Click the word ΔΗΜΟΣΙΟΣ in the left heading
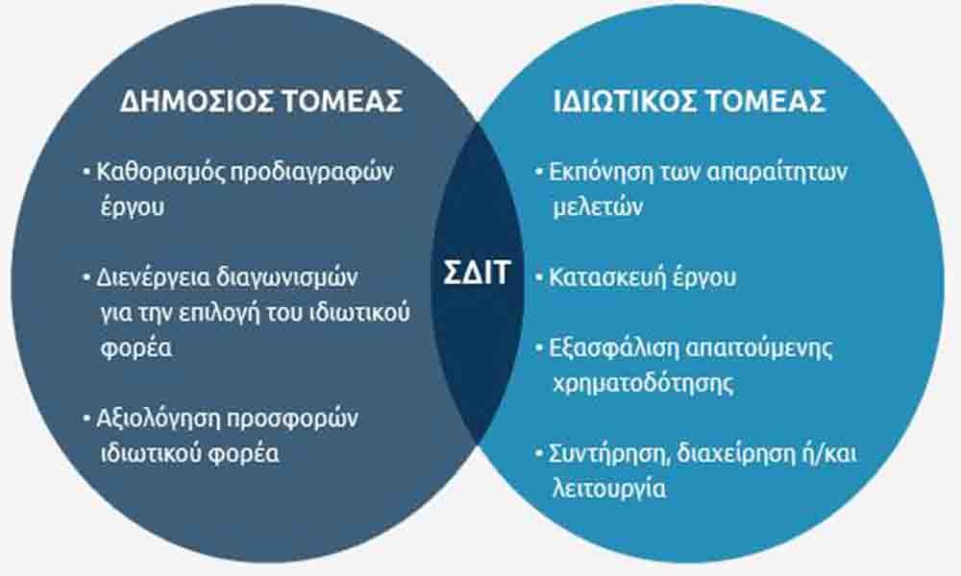point(196,101)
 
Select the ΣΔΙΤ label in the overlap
point(477,273)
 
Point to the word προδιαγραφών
point(310,173)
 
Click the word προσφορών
point(292,420)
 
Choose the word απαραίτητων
point(776,173)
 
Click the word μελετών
point(598,207)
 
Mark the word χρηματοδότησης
point(643,384)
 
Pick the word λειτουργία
point(609,490)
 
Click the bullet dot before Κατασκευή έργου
point(539,277)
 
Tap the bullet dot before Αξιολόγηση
point(87,420)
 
